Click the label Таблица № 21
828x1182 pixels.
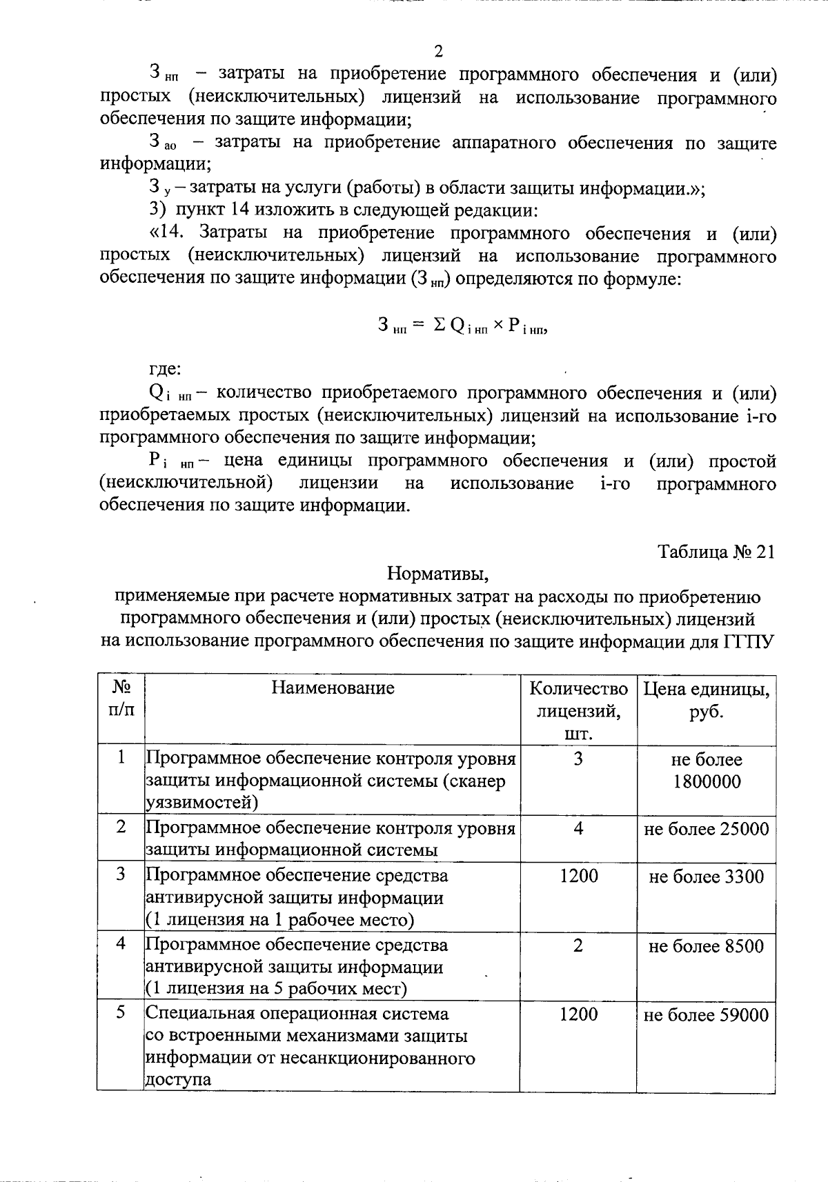pyautogui.click(x=716, y=552)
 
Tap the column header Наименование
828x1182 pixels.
pyautogui.click(x=333, y=688)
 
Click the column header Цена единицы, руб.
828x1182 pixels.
pyautogui.click(x=707, y=700)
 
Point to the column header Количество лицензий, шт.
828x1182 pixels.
pyautogui.click(x=578, y=710)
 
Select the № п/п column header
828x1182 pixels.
pyautogui.click(x=121, y=699)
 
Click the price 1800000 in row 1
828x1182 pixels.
pyautogui.click(x=707, y=781)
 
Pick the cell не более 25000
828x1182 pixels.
pyautogui.click(x=707, y=829)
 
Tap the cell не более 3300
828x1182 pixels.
pyautogui.click(x=707, y=877)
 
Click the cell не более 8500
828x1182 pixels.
pyautogui.click(x=707, y=945)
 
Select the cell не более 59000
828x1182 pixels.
pyautogui.click(x=707, y=1015)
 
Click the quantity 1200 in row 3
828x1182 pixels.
pyautogui.click(x=578, y=876)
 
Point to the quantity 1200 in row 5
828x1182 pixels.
pyautogui.click(x=578, y=1014)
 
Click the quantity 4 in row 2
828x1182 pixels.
pyautogui.click(x=578, y=828)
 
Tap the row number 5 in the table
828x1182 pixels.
pyautogui.click(x=121, y=1013)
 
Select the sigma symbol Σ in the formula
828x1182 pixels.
pyautogui.click(x=439, y=325)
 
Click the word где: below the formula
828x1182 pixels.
pyautogui.click(x=166, y=369)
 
